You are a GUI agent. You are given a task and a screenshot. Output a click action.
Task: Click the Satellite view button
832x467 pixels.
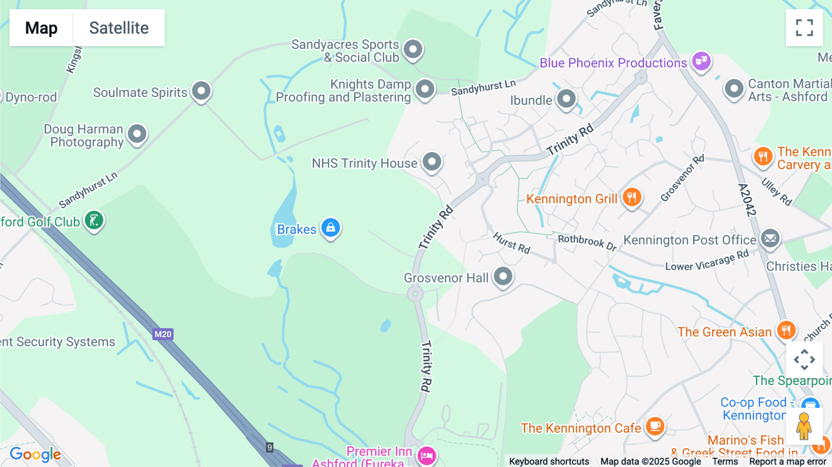[119, 28]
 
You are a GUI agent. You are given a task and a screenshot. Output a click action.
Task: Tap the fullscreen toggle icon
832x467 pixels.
[804, 28]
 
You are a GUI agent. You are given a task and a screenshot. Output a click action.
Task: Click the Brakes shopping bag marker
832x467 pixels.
[330, 227]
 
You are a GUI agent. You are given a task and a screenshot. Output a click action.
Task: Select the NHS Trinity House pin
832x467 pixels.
[432, 162]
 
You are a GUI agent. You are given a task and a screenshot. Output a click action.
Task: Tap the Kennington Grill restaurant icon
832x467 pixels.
[631, 197]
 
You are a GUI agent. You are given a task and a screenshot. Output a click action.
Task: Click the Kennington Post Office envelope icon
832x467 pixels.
[770, 239]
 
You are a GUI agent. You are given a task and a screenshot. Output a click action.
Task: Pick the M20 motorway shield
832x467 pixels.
[163, 334]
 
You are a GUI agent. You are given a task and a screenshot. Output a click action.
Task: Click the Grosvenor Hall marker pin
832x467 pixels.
[503, 277]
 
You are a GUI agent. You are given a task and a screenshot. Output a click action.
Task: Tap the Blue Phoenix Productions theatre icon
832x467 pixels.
[701, 61]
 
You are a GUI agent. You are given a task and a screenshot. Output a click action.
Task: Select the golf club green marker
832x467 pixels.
[94, 221]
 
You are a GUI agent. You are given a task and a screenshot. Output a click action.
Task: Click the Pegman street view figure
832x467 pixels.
[804, 426]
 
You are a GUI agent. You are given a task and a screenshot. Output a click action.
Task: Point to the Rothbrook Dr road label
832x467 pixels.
[587, 242]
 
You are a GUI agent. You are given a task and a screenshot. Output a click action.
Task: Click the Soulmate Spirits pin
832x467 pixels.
[202, 91]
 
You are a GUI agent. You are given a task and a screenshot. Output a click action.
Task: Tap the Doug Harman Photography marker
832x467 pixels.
[137, 135]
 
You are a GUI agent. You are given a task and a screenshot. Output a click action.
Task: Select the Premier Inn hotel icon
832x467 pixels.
[426, 455]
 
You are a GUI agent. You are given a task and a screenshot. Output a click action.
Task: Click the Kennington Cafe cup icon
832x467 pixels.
[655, 426]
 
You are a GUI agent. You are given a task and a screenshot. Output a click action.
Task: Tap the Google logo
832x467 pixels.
[35, 455]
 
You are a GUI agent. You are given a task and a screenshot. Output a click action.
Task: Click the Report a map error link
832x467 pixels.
[787, 461]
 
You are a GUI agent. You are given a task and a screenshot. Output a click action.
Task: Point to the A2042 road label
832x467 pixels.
[746, 200]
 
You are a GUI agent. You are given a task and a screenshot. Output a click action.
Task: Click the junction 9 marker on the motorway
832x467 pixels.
[269, 447]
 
